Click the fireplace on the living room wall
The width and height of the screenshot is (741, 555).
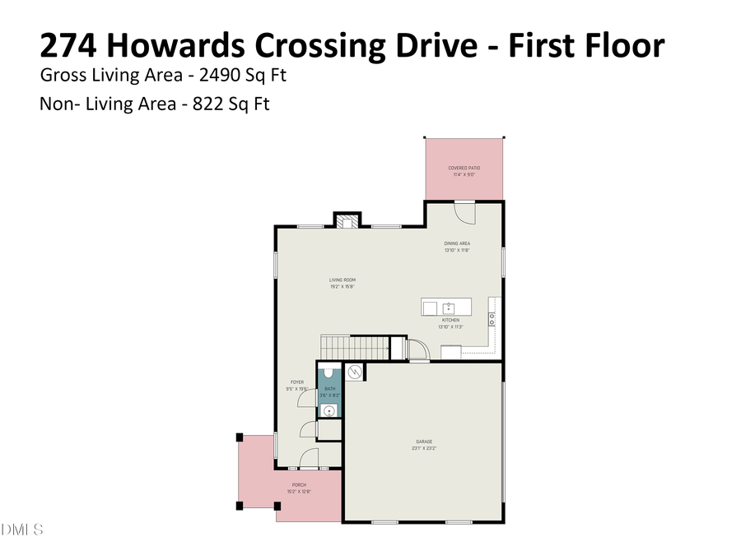[x=347, y=220]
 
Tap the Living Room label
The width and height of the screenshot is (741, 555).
[x=343, y=280]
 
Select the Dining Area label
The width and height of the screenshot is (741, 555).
[x=457, y=243]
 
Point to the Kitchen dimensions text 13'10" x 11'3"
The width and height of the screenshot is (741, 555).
[x=450, y=326]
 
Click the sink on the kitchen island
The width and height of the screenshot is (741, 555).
[x=450, y=308]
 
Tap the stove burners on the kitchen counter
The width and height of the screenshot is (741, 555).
[x=492, y=317]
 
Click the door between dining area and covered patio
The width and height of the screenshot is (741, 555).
[x=466, y=213]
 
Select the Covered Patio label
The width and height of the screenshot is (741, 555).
[x=464, y=168]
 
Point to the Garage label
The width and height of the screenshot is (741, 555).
[x=423, y=442]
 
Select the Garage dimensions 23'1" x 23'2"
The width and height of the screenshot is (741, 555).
[x=423, y=449]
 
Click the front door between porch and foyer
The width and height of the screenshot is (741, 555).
[x=309, y=460]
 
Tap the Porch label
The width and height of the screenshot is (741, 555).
[x=297, y=485]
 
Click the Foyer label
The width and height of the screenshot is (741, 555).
[x=296, y=382]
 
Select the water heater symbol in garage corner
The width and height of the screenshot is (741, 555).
[x=355, y=372]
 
